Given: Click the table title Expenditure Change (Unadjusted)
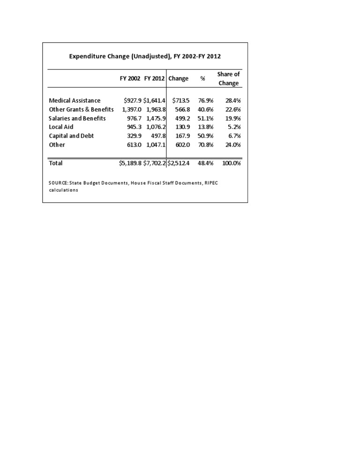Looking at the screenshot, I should coord(145,56).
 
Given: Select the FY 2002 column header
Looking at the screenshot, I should coord(130,79).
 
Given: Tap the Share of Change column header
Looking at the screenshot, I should coord(228,79).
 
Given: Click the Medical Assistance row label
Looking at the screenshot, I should coord(75,100).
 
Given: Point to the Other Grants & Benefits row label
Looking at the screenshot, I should coord(81,109).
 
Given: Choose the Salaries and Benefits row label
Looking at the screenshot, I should coord(77,118).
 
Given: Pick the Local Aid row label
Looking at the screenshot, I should coord(61,127).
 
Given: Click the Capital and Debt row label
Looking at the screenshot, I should coord(71,136).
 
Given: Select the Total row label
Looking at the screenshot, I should coord(56,163).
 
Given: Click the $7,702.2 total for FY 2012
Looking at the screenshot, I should coord(154,163).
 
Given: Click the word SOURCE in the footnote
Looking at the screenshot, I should coord(58,182).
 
